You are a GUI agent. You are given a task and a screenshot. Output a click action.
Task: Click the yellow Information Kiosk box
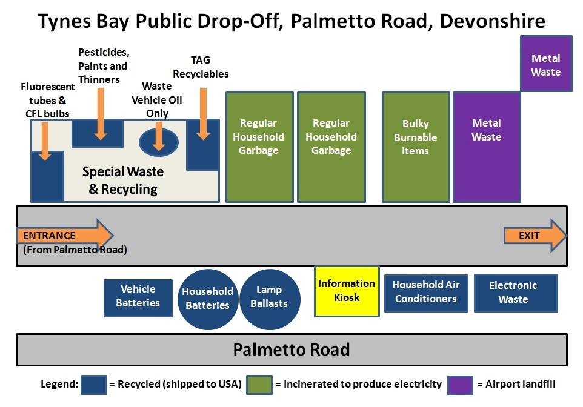pyautogui.click(x=347, y=291)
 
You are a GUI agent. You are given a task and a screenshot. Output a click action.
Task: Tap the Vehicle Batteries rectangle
pyautogui.click(x=138, y=296)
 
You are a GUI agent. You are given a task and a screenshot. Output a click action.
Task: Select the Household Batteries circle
pyautogui.click(x=207, y=299)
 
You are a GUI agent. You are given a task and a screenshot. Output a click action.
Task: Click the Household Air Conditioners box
pyautogui.click(x=425, y=292)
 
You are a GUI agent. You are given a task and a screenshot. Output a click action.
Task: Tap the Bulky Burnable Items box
pyautogui.click(x=415, y=137)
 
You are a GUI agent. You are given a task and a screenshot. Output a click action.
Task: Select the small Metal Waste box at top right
pyautogui.click(x=546, y=65)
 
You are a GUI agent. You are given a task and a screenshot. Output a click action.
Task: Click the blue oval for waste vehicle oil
pyautogui.click(x=158, y=142)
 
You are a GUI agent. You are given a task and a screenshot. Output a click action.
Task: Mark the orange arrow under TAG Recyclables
pyautogui.click(x=203, y=113)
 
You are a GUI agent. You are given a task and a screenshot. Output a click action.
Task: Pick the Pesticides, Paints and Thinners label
pyautogui.click(x=103, y=66)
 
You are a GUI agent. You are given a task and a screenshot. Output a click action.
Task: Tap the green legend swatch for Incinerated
pyautogui.click(x=259, y=385)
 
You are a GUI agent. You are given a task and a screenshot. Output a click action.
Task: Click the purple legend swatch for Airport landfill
pyautogui.click(x=460, y=385)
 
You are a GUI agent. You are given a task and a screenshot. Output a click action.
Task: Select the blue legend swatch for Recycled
pyautogui.click(x=93, y=385)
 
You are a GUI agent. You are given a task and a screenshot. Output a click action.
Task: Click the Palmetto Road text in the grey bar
pyautogui.click(x=291, y=350)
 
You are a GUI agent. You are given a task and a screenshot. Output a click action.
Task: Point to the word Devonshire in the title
pyautogui.click(x=492, y=21)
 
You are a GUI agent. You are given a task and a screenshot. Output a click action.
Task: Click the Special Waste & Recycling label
pyautogui.click(x=123, y=180)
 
